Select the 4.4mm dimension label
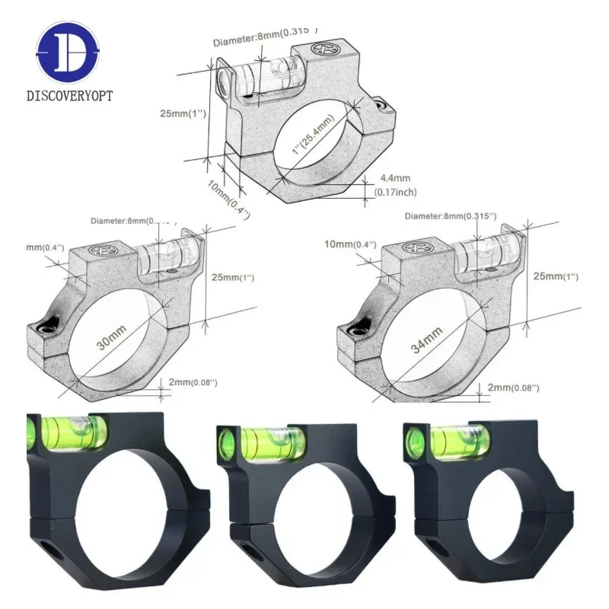tap(390, 179)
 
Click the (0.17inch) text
tap(395, 193)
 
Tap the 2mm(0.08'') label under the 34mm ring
tap(515, 388)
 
